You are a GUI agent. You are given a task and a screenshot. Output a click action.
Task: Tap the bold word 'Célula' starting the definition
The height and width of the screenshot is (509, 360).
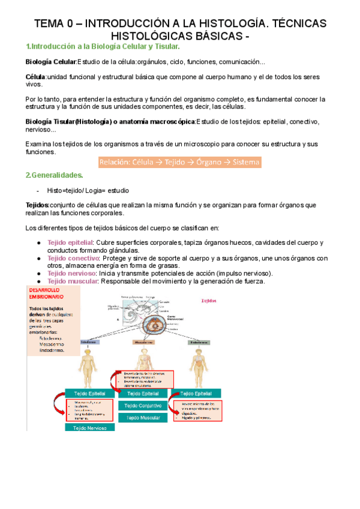(x=35, y=77)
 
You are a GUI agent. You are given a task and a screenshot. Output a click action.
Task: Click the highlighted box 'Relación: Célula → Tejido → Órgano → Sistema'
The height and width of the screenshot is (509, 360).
(x=180, y=163)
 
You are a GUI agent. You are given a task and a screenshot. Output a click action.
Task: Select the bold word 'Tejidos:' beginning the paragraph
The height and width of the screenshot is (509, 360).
(x=37, y=205)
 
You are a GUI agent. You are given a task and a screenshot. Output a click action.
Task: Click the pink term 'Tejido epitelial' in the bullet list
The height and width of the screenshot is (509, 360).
(x=67, y=242)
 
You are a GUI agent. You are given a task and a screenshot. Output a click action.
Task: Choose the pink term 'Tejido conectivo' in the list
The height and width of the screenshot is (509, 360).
(x=70, y=258)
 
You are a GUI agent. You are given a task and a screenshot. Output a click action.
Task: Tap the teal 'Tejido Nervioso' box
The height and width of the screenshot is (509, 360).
(x=90, y=428)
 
